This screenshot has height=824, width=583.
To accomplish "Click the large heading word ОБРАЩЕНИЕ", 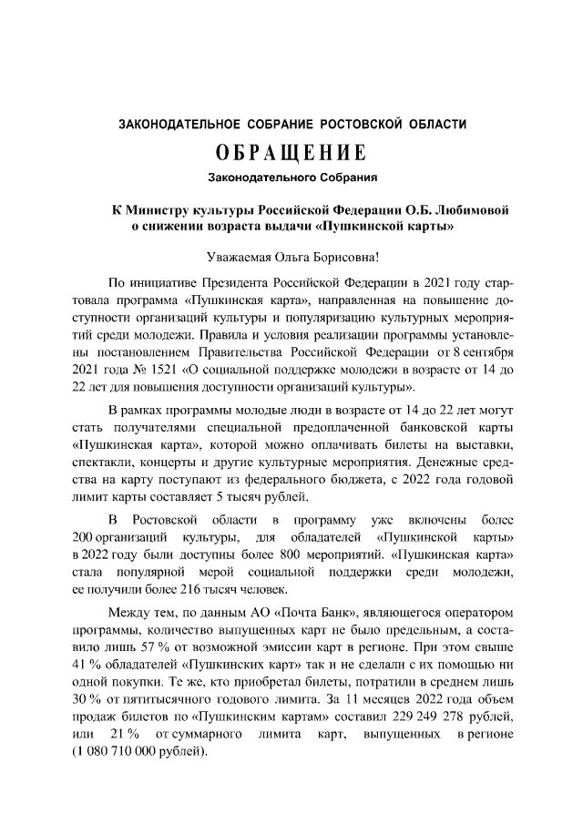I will pyautogui.click(x=291, y=150).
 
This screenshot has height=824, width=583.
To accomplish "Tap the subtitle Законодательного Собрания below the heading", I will pyautogui.click(x=291, y=175).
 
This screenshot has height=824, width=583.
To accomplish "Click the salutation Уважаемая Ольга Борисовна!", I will pyautogui.click(x=291, y=258).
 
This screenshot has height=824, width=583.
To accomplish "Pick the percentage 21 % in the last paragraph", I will pyautogui.click(x=123, y=733).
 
